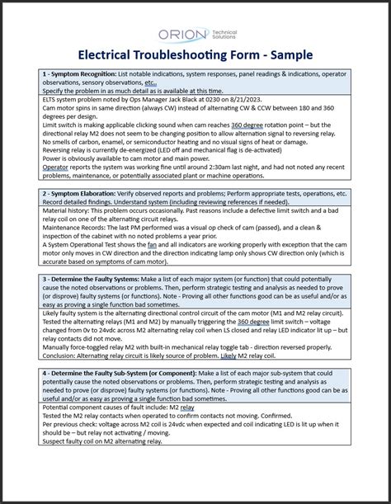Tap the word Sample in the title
click(286, 55)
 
